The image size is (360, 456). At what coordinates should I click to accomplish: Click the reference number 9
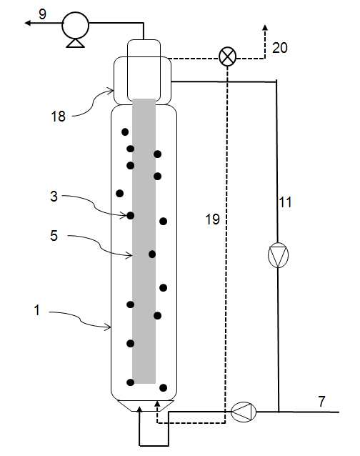click(42, 14)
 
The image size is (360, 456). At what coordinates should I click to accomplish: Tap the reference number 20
click(280, 48)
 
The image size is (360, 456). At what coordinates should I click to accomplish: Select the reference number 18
click(58, 117)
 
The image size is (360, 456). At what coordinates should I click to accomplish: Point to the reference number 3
click(54, 197)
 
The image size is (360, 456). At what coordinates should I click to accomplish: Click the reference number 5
click(54, 236)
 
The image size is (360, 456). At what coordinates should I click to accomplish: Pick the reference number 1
click(37, 310)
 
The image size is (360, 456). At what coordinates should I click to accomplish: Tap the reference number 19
click(212, 219)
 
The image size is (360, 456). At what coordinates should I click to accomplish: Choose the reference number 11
click(285, 202)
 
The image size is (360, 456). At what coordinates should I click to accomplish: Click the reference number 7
click(321, 402)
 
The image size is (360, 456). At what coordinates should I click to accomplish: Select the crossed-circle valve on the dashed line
click(228, 56)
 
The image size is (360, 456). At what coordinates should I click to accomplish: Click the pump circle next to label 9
click(75, 25)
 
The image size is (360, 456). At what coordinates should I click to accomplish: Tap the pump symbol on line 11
click(278, 255)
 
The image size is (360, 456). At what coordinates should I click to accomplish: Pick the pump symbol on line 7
click(244, 412)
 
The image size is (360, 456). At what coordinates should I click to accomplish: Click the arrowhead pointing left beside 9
click(28, 23)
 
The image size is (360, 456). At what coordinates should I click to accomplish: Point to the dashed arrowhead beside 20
click(265, 28)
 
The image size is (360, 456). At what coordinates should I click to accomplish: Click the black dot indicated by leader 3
click(131, 216)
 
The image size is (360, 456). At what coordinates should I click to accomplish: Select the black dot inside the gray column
click(152, 254)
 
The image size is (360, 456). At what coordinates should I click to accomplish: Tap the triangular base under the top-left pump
click(75, 43)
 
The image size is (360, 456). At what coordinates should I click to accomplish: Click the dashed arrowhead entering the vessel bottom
click(157, 404)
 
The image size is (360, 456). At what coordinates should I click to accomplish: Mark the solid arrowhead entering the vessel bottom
click(140, 410)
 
